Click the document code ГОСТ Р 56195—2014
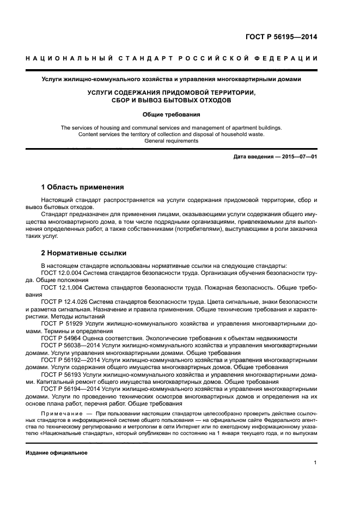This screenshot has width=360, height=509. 281,38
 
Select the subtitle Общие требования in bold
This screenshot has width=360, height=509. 172,115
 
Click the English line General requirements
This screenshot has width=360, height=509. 172,141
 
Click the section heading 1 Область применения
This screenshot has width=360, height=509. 83,187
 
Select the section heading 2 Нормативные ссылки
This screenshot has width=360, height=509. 84,253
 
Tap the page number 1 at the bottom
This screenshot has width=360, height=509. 315,463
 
